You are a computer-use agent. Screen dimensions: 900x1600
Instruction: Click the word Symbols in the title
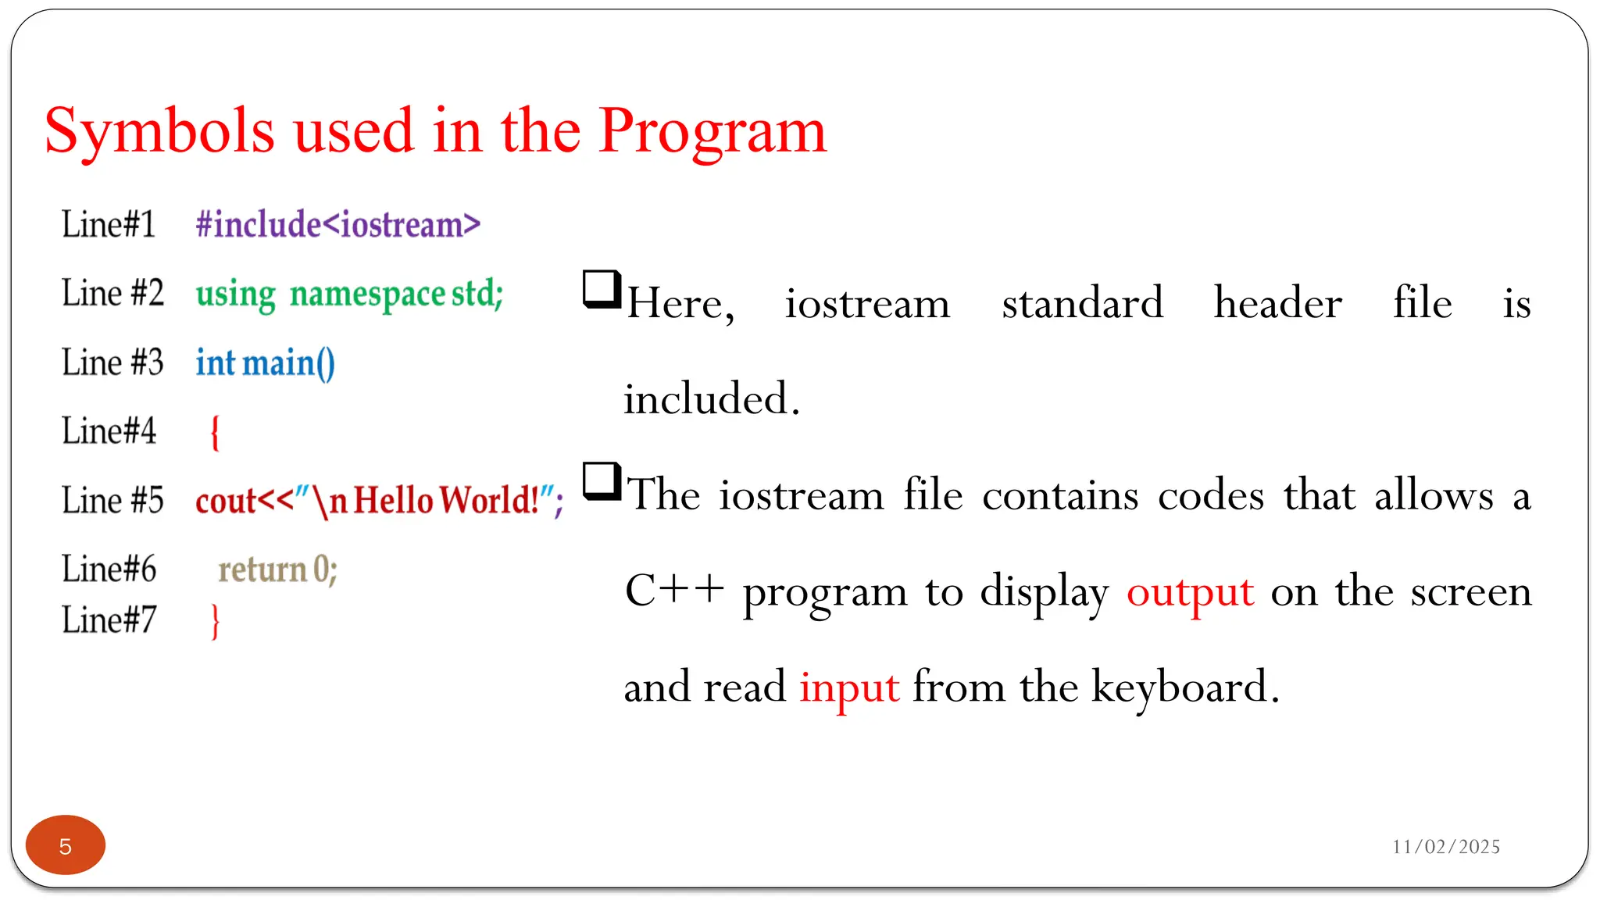point(159,131)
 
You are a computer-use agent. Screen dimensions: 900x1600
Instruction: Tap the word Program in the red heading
point(712,131)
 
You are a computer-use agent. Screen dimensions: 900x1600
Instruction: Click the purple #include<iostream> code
point(337,225)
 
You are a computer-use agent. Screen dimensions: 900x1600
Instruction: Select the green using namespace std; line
point(349,295)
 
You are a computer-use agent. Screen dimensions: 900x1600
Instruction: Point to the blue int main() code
point(265,363)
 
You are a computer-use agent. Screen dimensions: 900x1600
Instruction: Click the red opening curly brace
point(215,432)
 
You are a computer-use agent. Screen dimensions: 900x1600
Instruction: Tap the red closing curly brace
point(215,622)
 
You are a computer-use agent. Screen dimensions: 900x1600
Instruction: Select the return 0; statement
point(277,570)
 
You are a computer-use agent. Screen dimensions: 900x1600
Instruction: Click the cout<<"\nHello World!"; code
point(379,501)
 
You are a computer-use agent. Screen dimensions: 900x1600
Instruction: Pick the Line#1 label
point(109,225)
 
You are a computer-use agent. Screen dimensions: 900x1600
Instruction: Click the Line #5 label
point(112,501)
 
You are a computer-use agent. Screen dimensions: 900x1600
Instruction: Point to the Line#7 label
point(109,620)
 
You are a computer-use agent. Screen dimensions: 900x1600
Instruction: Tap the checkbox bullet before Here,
point(602,289)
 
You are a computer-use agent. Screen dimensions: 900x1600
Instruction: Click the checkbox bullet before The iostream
point(602,481)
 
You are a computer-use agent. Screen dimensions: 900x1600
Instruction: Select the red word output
point(1190,592)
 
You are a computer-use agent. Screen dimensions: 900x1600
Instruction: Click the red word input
point(849,687)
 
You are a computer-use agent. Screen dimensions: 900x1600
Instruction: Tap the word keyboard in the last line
point(1184,687)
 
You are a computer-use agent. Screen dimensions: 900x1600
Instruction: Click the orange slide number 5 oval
point(66,845)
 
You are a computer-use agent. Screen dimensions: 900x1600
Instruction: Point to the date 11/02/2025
point(1445,847)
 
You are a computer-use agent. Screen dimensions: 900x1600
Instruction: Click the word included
point(711,399)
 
